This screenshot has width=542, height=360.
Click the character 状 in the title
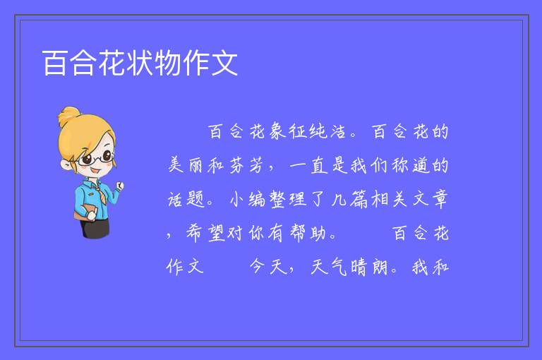[140, 63]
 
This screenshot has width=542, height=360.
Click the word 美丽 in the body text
[186, 165]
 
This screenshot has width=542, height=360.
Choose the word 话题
[186, 199]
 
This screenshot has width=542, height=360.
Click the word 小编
[248, 199]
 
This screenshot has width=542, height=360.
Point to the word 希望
[206, 233]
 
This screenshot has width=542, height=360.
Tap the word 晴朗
[368, 267]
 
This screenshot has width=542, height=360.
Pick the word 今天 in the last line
[269, 267]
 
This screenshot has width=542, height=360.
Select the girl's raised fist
[119, 186]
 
